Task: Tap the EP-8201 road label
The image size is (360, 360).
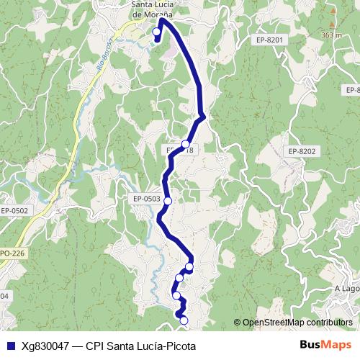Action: click(x=269, y=40)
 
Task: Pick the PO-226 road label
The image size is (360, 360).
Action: click(x=12, y=253)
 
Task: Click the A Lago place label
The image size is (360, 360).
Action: click(x=347, y=289)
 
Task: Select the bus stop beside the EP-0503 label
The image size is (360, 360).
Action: click(x=168, y=201)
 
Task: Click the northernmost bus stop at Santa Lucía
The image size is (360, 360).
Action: click(x=157, y=32)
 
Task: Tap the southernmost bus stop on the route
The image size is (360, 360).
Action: click(x=184, y=320)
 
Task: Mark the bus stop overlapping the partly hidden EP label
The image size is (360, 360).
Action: click(x=185, y=144)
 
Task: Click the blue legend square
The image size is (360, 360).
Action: click(x=7, y=346)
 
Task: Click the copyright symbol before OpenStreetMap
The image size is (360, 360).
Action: click(x=237, y=323)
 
